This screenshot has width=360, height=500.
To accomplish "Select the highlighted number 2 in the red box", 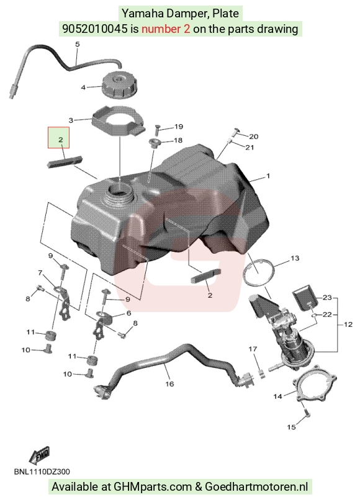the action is [61, 140].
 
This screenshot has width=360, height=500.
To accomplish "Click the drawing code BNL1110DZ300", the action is [42, 472].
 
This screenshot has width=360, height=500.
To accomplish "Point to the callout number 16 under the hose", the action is [169, 384].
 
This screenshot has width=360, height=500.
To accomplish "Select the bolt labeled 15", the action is [307, 413].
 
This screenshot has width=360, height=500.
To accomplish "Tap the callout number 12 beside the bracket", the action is [348, 324].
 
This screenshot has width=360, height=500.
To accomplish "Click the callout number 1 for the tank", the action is [268, 176].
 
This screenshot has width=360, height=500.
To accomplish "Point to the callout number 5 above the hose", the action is [77, 44].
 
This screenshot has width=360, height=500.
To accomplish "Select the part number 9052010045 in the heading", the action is [94, 29].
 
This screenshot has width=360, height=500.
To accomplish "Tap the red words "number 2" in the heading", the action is [166, 29].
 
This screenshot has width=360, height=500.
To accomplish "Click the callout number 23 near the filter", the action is [327, 298].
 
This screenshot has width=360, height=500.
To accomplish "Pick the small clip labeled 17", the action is [261, 373].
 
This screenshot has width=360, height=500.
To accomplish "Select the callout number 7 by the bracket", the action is [40, 272].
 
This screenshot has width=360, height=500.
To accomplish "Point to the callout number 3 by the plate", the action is [71, 120].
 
